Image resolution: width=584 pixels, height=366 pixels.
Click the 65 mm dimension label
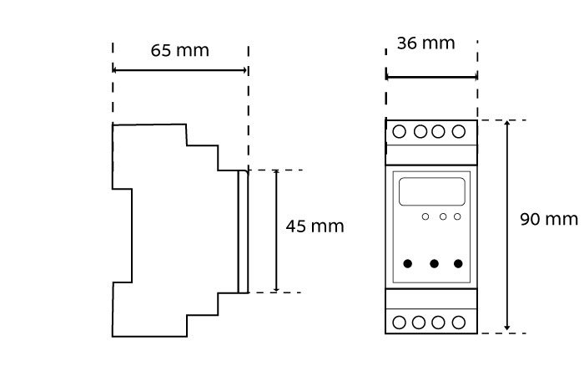click(179, 50)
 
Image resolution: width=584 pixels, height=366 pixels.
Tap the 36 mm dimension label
click(425, 43)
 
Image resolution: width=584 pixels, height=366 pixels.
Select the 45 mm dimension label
click(315, 226)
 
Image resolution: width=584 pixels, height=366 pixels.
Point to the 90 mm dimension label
click(549, 219)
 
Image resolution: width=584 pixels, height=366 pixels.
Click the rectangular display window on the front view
click(431, 191)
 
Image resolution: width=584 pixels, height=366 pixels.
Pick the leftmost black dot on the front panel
click(408, 264)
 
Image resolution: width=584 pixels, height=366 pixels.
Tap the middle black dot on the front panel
click(434, 264)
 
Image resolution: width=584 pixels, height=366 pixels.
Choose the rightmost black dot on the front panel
click(458, 264)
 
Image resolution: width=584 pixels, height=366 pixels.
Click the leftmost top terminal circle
click(400, 131)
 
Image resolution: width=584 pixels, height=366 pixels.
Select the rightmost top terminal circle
click(458, 131)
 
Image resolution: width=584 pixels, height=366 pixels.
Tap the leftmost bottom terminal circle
click(400, 322)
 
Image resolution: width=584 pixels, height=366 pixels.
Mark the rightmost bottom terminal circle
click(458, 322)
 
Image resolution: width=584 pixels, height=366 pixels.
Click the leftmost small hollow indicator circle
click(425, 217)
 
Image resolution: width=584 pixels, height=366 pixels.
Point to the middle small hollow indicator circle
click(443, 217)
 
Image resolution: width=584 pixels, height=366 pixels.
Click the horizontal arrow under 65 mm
click(180, 70)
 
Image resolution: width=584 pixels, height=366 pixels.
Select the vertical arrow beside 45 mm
click(276, 231)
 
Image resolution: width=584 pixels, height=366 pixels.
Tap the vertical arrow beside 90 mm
click(508, 226)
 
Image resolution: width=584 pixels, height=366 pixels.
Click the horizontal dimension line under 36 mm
click(431, 78)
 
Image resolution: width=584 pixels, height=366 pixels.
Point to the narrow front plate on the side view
click(243, 231)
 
